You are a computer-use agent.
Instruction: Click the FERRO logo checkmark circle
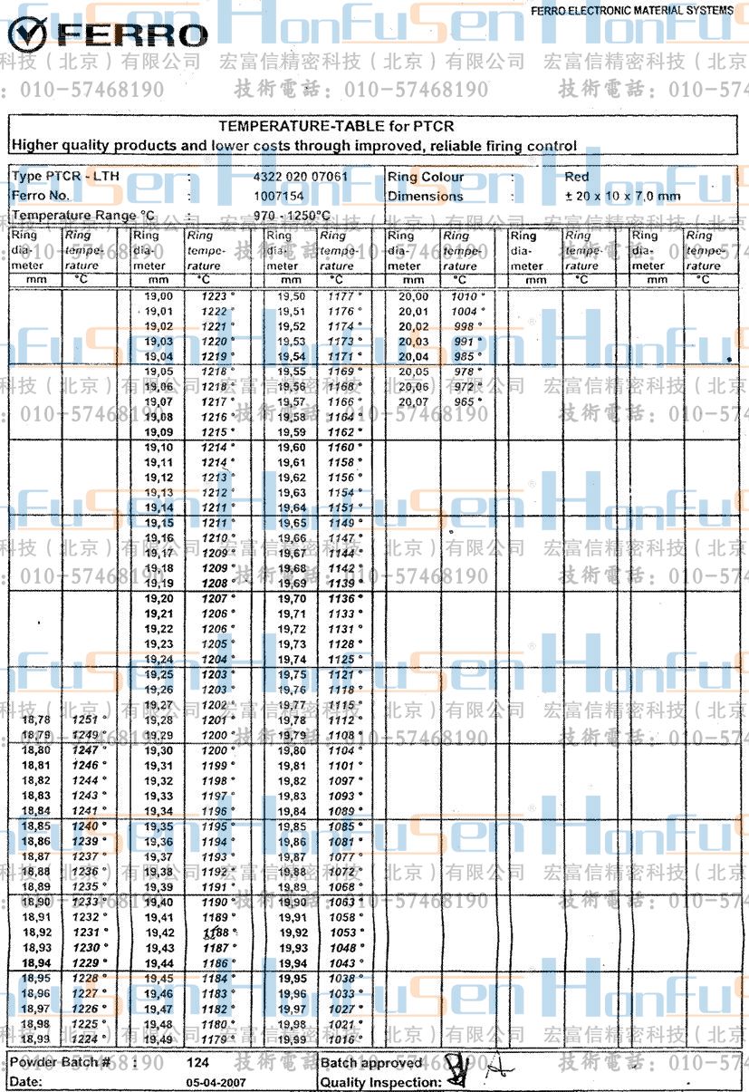tap(27, 34)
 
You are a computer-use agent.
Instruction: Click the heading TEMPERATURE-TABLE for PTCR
tap(336, 127)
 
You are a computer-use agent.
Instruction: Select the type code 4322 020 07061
tap(301, 177)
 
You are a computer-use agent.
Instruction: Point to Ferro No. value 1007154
tap(278, 196)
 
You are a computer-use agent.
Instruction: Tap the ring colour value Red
tap(576, 177)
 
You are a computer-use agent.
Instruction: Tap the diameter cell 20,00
tap(414, 296)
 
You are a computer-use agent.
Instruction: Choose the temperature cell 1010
tap(465, 296)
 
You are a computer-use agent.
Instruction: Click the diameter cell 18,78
tap(35, 720)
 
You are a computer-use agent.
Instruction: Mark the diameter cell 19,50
tap(291, 296)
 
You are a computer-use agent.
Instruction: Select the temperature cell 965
tap(465, 401)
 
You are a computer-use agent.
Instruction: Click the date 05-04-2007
tap(216, 1082)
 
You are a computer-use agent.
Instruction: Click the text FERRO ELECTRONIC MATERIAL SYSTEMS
tap(632, 11)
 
